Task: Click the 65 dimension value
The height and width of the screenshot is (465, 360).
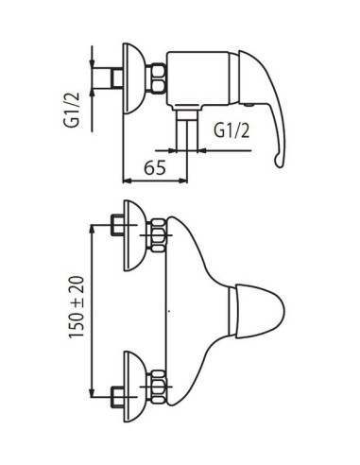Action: [x=155, y=167]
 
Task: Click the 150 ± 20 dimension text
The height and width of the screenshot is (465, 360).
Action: [x=77, y=307]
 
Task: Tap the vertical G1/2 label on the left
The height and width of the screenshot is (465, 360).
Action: [x=72, y=110]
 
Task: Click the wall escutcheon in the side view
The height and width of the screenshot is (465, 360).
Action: [x=134, y=78]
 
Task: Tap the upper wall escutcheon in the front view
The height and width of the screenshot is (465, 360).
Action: [x=134, y=235]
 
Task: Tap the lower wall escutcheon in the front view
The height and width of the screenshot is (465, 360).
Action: [x=134, y=387]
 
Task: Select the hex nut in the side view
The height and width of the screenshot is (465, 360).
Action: [x=156, y=78]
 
